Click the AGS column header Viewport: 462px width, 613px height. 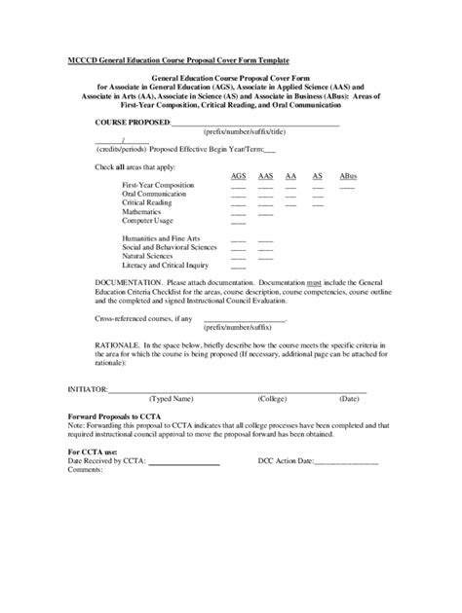[238, 175]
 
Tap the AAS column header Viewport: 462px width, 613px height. [265, 175]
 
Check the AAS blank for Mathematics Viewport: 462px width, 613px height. [265, 213]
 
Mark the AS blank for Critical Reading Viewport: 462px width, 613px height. [318, 204]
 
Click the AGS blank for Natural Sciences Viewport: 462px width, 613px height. [238, 257]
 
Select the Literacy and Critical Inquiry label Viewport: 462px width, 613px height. [166, 265]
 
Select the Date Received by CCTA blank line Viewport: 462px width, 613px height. [183, 461]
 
